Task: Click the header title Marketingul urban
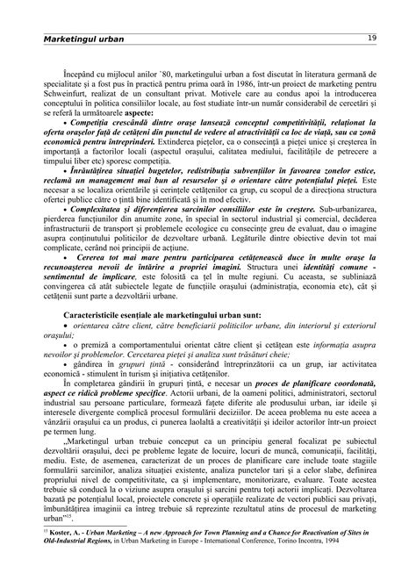84,39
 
